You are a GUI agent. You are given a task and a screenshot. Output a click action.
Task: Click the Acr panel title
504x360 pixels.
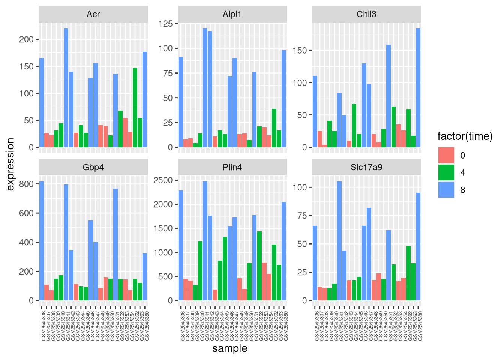93,14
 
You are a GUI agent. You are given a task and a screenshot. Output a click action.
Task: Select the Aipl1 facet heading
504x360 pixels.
232,14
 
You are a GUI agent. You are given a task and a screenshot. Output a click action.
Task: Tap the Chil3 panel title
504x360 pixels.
366,14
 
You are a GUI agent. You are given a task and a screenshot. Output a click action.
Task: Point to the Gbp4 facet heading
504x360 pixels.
93,167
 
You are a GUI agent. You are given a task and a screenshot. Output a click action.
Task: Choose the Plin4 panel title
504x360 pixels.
232,167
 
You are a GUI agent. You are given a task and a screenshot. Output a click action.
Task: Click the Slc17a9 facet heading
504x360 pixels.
366,167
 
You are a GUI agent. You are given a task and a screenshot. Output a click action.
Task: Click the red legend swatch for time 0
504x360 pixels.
446,155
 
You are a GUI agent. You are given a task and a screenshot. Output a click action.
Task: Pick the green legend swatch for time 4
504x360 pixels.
446,172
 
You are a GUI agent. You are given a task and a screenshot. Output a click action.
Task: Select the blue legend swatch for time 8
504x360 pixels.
446,190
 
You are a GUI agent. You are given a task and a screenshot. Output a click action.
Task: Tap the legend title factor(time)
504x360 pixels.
465,136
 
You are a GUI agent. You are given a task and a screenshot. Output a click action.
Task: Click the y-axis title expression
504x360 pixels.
10,164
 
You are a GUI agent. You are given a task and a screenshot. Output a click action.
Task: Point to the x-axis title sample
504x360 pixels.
230,348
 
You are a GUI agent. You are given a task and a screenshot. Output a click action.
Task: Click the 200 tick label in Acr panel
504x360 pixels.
27,39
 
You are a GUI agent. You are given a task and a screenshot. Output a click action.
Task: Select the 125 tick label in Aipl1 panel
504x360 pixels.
165,24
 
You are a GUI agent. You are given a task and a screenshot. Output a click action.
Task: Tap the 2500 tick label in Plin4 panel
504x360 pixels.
163,180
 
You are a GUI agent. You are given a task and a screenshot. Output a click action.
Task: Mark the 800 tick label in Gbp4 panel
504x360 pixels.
27,184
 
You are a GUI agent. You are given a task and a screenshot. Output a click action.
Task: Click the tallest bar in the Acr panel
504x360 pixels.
66,88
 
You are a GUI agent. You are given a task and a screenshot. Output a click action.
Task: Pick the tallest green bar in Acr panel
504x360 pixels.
135,108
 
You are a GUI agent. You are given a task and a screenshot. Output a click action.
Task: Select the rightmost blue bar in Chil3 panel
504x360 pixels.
418,88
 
